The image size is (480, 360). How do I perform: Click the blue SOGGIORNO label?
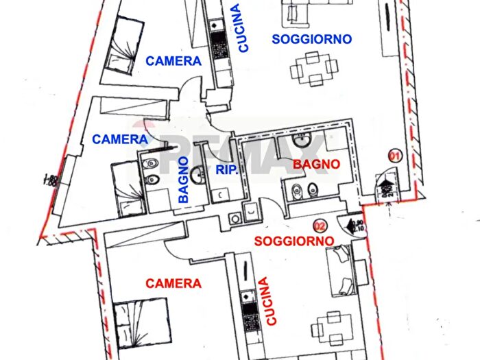coord(311,39)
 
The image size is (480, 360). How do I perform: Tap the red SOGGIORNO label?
coord(294,241)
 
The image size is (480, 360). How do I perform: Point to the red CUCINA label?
coord(265,300)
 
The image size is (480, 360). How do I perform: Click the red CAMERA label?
coord(173,283)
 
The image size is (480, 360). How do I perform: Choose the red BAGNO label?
coord(316,164)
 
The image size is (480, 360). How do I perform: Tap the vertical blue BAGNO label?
coord(184,179)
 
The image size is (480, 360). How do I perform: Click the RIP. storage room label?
coord(226,171)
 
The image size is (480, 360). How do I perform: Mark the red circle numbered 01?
coord(394,155)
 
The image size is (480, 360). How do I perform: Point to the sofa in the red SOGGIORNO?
coord(341,270)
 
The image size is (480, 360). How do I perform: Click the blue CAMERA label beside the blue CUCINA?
coord(173,61)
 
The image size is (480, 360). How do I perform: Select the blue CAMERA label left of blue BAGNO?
coord(120,139)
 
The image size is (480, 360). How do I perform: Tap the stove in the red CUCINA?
coord(248,300)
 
